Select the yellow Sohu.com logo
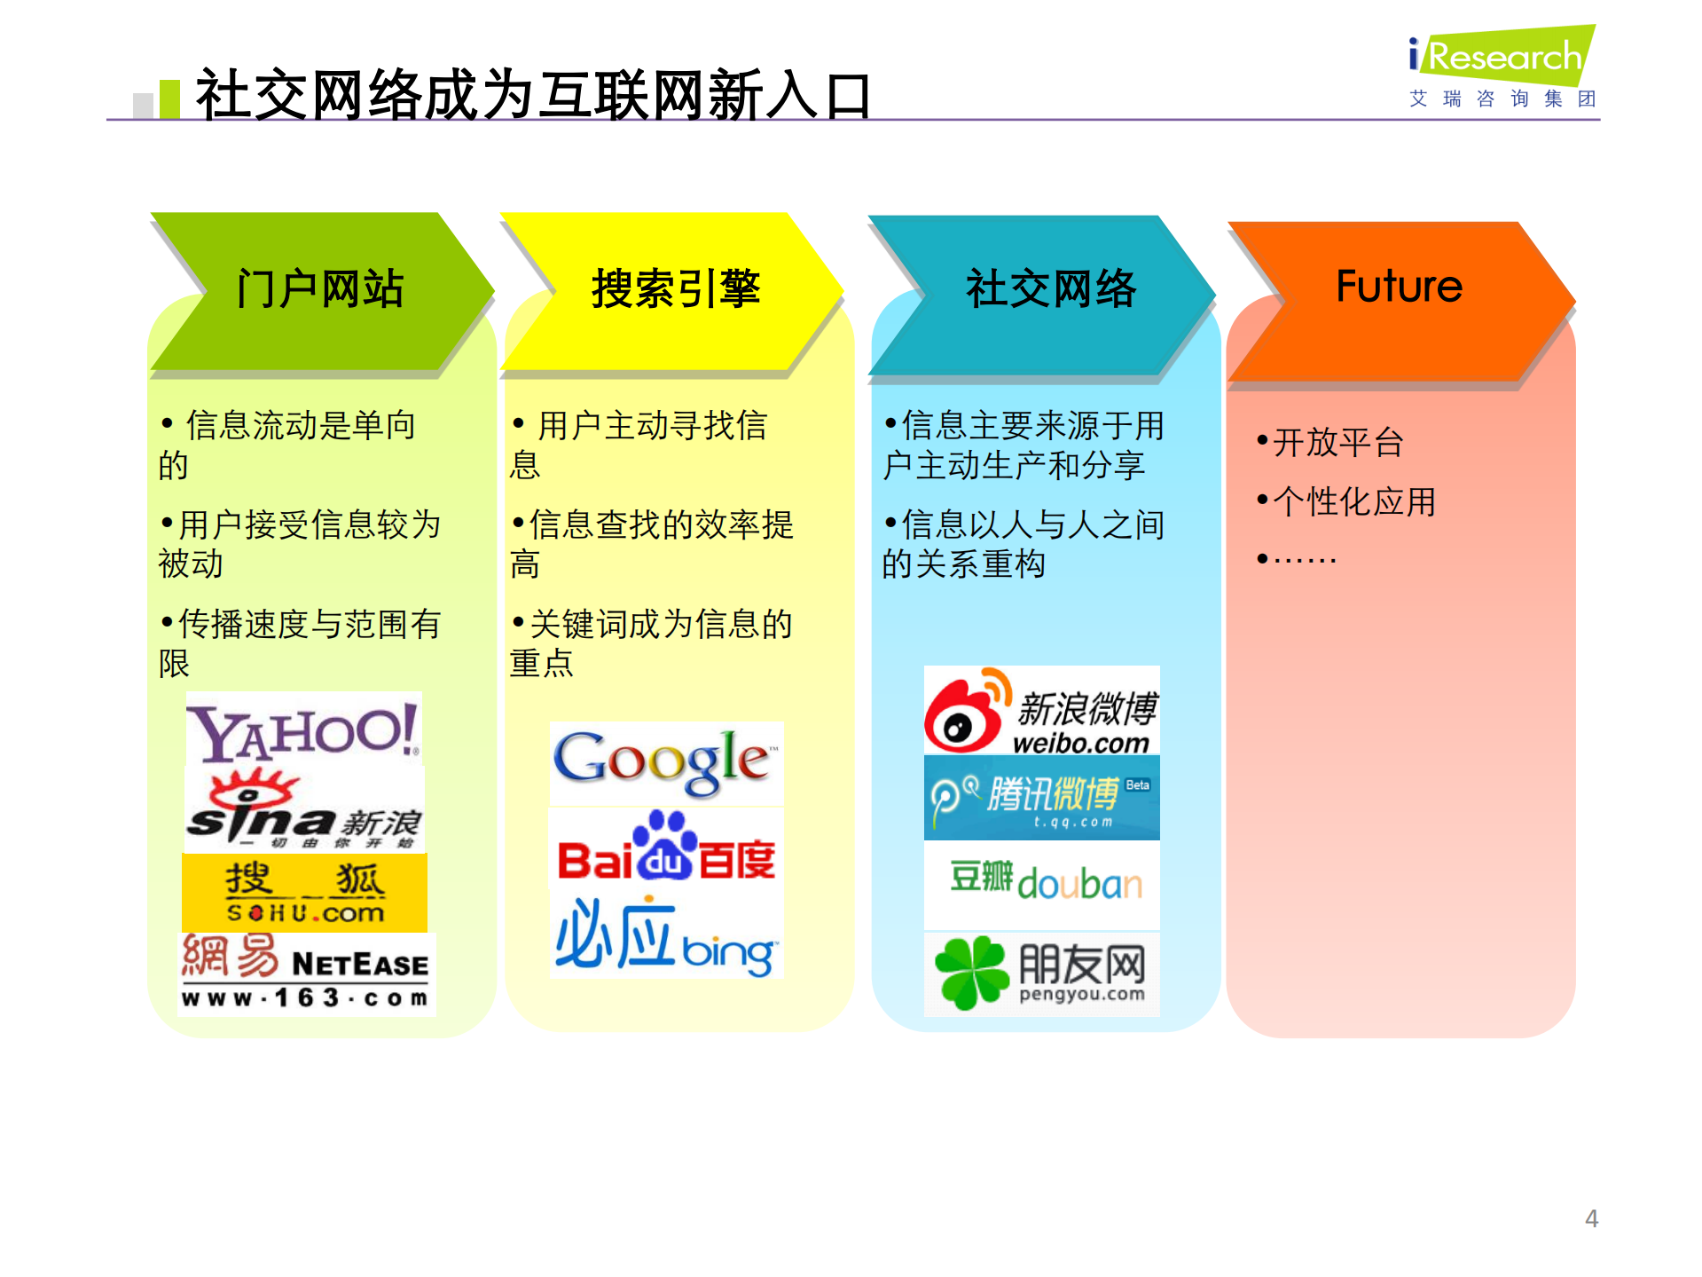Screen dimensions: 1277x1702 pyautogui.click(x=304, y=893)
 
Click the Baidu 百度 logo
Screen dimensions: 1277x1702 pyautogui.click(x=665, y=850)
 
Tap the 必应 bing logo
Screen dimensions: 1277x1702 pyautogui.click(x=665, y=937)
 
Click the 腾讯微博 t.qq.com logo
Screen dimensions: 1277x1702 pyautogui.click(x=1041, y=798)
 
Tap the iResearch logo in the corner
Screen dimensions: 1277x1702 pyautogui.click(x=1503, y=67)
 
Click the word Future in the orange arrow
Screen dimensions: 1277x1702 pyautogui.click(x=1398, y=287)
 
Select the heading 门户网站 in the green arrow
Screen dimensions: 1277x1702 pyautogui.click(x=320, y=289)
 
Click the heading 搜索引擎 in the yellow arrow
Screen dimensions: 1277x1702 pyautogui.click(x=676, y=289)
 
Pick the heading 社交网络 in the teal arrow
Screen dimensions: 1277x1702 pyautogui.click(x=1050, y=289)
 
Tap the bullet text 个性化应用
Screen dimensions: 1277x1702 pyautogui.click(x=1353, y=502)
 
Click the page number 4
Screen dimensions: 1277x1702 pyautogui.click(x=1591, y=1218)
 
